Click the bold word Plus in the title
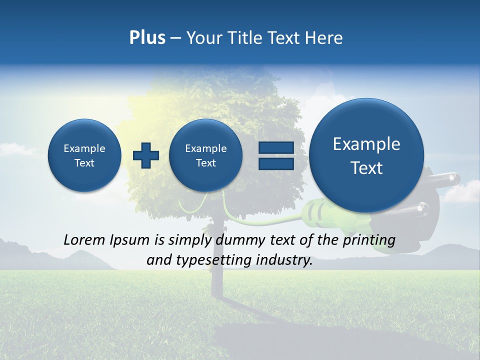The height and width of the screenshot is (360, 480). click(x=147, y=38)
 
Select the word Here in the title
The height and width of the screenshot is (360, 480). click(x=325, y=38)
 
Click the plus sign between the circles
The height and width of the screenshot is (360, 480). click(x=145, y=155)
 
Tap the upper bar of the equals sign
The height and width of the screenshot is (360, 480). click(x=276, y=147)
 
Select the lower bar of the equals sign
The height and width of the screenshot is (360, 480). click(x=276, y=163)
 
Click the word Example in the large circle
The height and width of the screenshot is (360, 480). click(x=366, y=144)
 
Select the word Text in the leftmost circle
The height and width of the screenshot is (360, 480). click(x=84, y=163)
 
